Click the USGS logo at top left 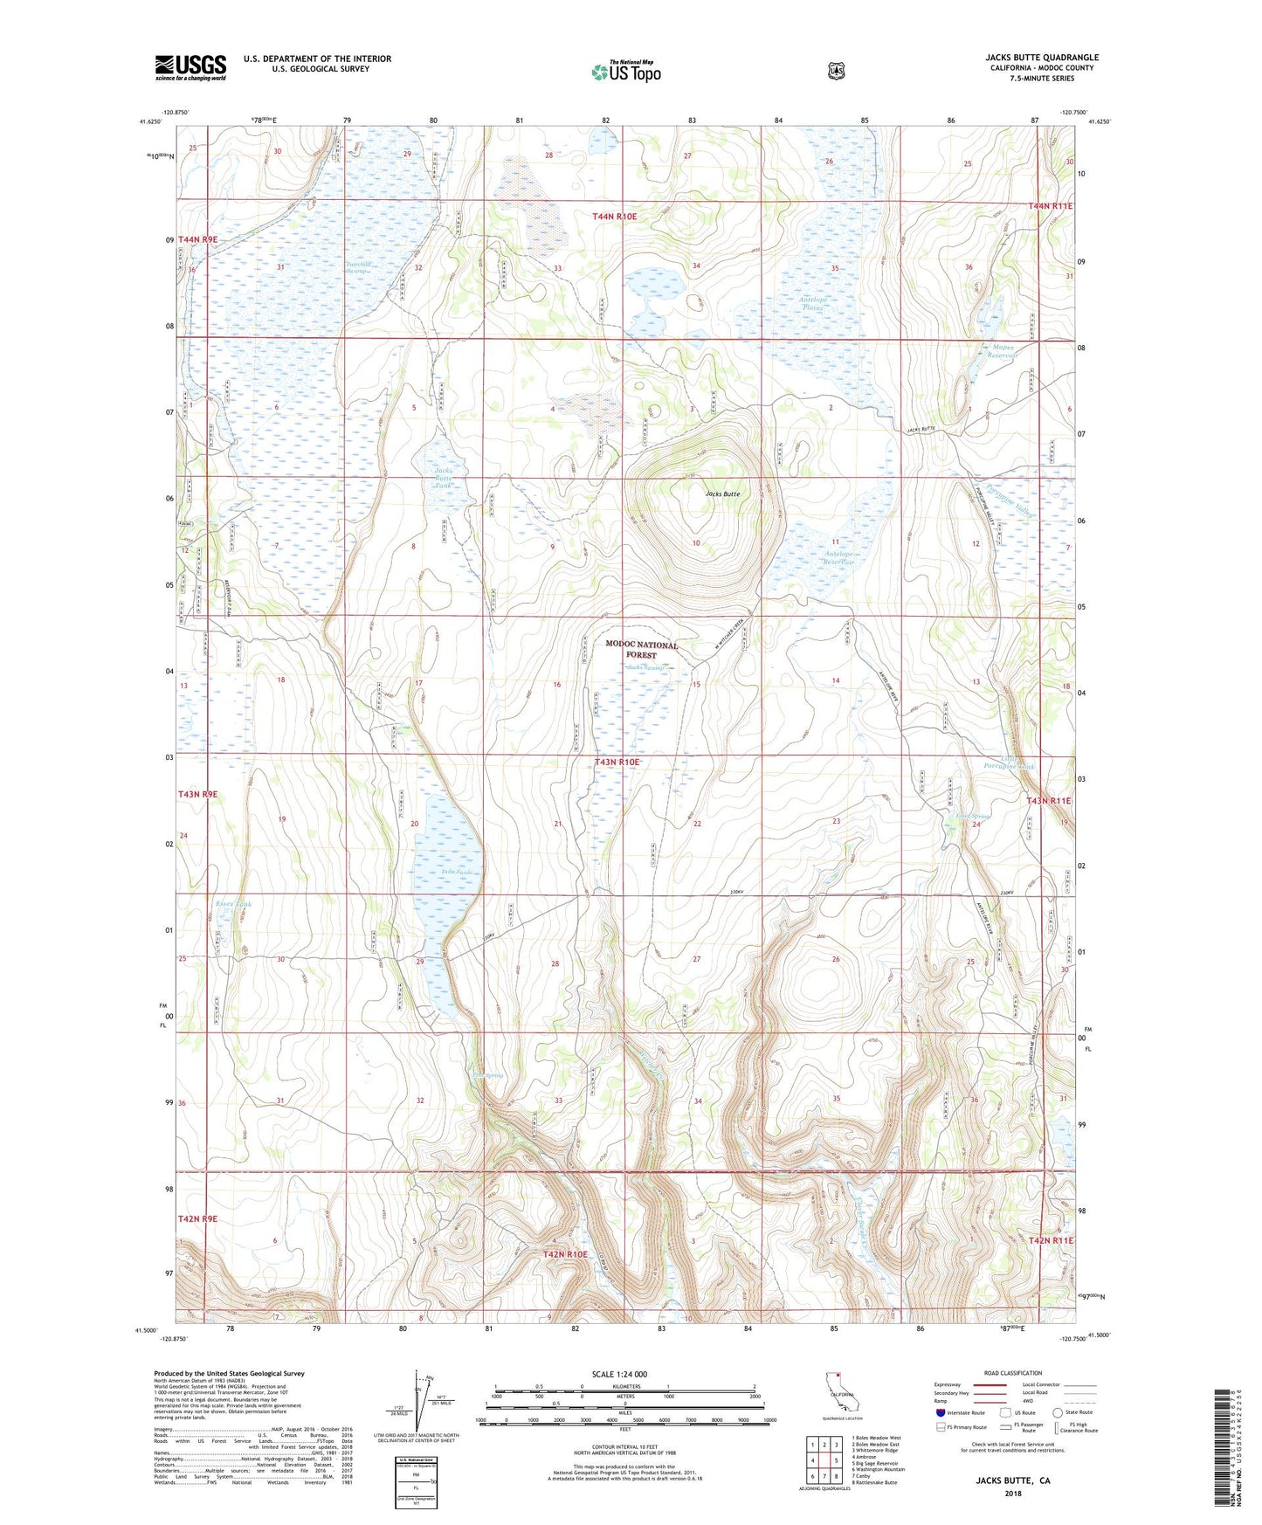[190, 67]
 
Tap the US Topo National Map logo [625, 71]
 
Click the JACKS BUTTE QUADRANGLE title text [1040, 58]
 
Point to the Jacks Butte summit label [723, 494]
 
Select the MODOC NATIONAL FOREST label [642, 649]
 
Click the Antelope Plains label [813, 304]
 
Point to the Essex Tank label [232, 904]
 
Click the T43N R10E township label [617, 762]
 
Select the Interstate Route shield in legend [940, 1436]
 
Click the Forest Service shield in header [837, 70]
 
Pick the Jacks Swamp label [646, 668]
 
